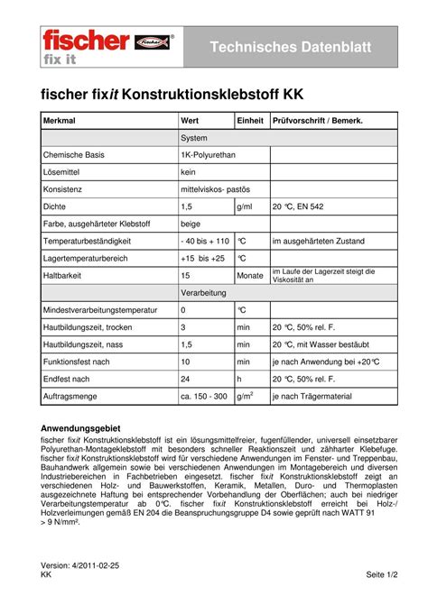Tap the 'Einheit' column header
point(250,121)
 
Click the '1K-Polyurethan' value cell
point(208,155)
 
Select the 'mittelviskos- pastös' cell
point(220,189)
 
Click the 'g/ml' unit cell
point(245,206)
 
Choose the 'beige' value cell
point(191,224)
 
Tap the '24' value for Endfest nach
point(185,378)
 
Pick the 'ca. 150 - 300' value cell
point(203,396)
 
